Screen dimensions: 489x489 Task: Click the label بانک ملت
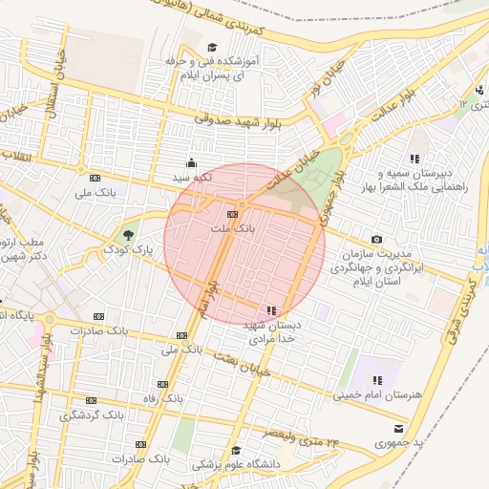(232, 229)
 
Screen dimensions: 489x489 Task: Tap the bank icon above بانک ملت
(232, 213)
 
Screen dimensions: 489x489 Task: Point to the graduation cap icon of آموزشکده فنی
(211, 47)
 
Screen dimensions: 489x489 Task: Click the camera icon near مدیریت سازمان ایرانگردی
(376, 239)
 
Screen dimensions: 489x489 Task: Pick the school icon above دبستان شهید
(272, 310)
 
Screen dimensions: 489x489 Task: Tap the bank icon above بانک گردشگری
(92, 401)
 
